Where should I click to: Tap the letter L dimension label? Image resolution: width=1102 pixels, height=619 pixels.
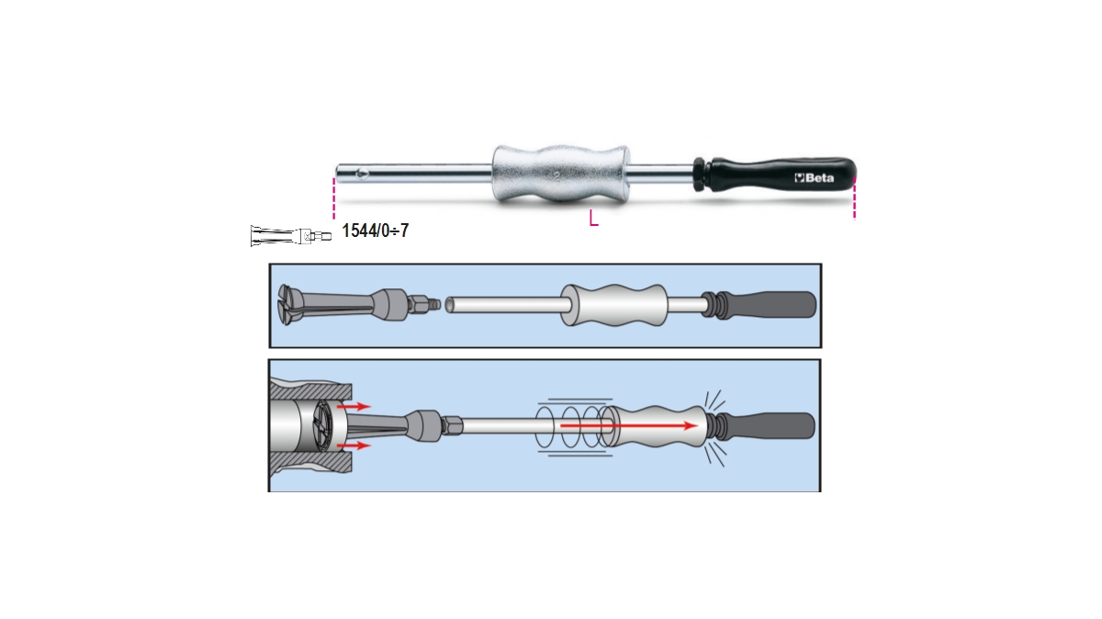click(594, 219)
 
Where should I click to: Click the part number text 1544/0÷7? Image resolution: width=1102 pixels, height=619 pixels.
click(375, 231)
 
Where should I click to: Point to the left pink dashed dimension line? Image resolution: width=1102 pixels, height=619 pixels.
click(334, 198)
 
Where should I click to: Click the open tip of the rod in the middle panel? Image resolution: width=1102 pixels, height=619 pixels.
click(450, 305)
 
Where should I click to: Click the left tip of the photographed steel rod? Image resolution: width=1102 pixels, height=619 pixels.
click(341, 172)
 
